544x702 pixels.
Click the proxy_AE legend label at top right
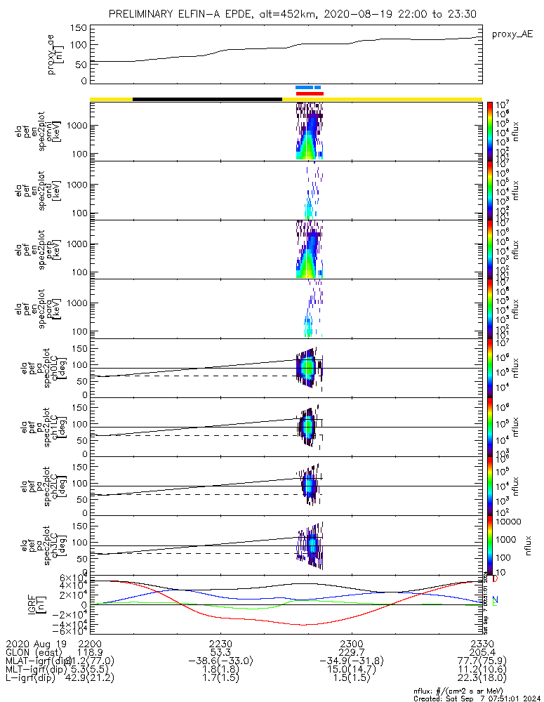tap(512, 34)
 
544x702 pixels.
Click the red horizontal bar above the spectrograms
tap(310, 93)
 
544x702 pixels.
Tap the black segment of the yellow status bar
tap(207, 99)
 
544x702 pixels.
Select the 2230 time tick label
tap(220, 643)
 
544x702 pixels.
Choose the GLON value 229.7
tap(351, 652)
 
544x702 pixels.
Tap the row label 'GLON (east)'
tap(33, 652)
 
